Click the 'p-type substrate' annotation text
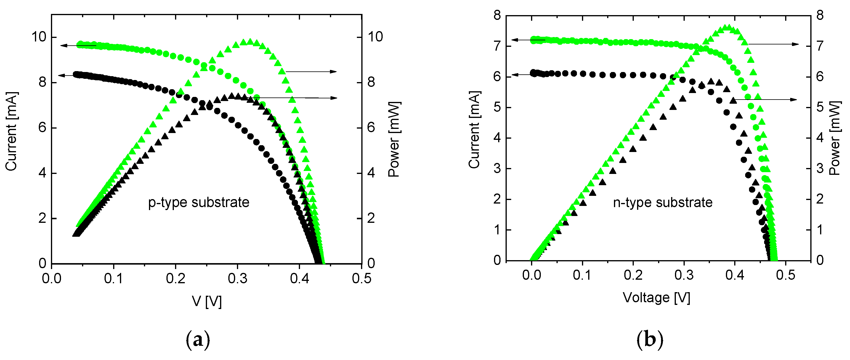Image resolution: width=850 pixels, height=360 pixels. (x=199, y=203)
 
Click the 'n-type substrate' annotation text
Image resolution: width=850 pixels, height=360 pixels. (x=663, y=203)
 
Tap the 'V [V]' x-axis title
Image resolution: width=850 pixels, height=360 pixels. (x=207, y=302)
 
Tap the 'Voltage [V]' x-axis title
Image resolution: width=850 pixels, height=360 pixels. (x=656, y=298)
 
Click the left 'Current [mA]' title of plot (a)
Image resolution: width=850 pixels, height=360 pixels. (x=11, y=131)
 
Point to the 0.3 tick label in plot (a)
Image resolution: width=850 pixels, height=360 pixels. (x=238, y=279)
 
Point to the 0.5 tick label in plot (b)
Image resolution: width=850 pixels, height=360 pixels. (x=786, y=275)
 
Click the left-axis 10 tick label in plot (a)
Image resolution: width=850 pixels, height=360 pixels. (x=39, y=37)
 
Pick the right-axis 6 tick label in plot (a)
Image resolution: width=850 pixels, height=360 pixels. (x=371, y=128)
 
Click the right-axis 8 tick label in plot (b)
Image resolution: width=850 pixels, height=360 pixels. (x=820, y=15)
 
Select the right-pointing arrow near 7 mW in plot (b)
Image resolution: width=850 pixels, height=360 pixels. (x=774, y=44)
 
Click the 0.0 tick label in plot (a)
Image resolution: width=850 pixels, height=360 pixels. (x=52, y=279)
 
